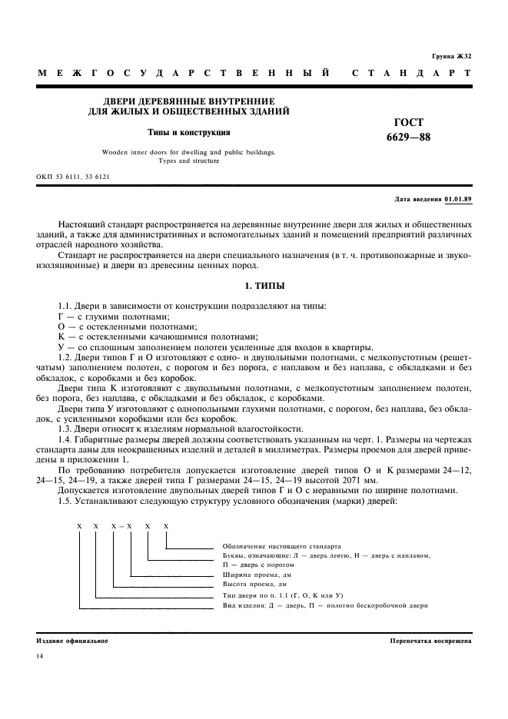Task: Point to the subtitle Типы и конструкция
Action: [x=189, y=132]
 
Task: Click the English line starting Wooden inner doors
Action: [x=189, y=152]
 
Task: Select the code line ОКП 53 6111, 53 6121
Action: [x=73, y=176]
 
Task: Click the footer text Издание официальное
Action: [x=72, y=640]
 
